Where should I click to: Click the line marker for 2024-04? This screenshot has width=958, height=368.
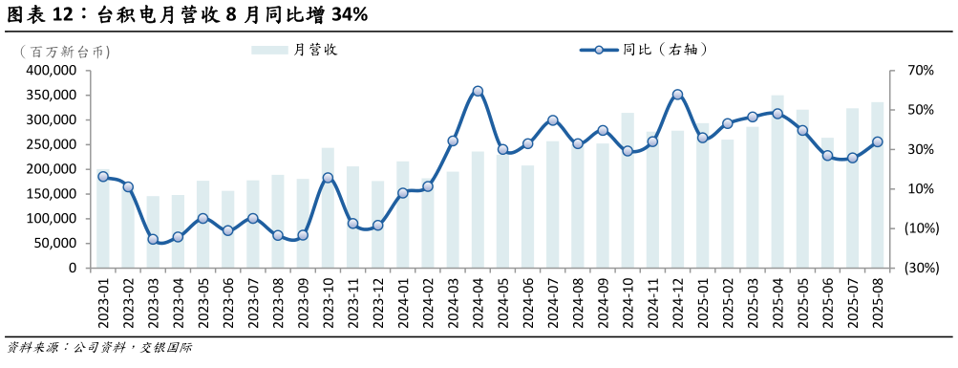tap(478, 92)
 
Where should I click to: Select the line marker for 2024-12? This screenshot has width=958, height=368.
tap(677, 95)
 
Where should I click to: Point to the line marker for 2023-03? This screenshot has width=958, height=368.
tap(153, 239)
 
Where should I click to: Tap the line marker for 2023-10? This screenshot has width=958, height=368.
tap(328, 178)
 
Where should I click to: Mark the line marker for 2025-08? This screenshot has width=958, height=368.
tap(877, 142)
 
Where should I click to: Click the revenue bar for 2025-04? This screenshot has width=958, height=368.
tap(777, 182)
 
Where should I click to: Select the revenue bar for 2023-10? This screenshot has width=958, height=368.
tap(328, 207)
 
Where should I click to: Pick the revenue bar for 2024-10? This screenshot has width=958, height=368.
tap(628, 190)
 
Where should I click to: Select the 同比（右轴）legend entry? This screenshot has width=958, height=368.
tap(649, 50)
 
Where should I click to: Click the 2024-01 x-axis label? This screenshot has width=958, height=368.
tap(403, 301)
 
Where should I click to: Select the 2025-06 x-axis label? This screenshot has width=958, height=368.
tap(827, 301)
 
